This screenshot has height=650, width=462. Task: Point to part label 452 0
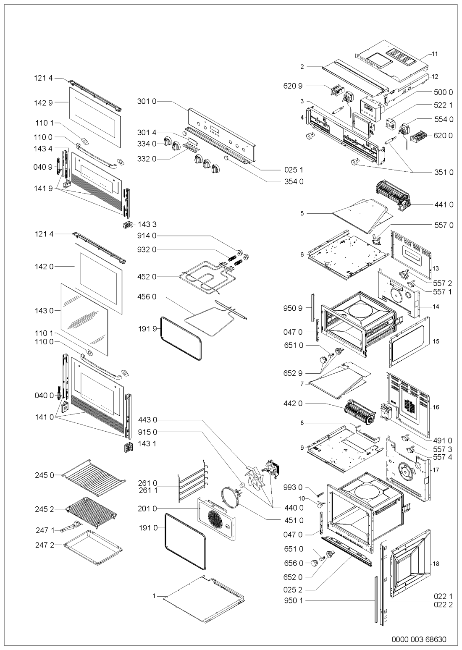tap(147, 276)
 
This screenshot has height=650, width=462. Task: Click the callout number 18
tap(436, 564)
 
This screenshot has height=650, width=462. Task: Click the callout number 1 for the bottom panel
tap(154, 595)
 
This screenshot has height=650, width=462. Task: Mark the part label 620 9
tap(294, 86)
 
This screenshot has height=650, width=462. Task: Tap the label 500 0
tap(444, 92)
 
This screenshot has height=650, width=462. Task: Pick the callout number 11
tap(435, 54)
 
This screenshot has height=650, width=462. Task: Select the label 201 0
tap(147, 508)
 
